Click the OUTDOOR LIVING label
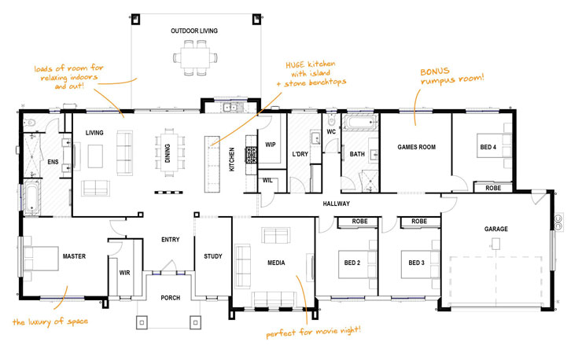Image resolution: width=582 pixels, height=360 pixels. tap(194, 31)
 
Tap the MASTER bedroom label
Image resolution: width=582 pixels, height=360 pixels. tap(73, 256)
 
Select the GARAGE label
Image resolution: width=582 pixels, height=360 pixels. tap(495, 230)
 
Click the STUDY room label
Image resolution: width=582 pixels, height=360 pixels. tap(212, 256)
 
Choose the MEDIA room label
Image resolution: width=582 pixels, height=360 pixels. tap(275, 263)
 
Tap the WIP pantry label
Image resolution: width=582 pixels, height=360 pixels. tap(270, 145)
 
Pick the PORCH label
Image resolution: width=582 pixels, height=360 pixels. tap(171, 298)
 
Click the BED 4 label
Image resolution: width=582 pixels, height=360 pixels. tap(488, 146)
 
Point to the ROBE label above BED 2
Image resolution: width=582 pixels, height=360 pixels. tap(352, 222)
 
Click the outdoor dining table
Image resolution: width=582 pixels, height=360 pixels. tap(194, 57)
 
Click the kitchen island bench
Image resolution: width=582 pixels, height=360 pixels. tap(212, 162)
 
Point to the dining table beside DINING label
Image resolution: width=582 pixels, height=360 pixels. tap(169, 148)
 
